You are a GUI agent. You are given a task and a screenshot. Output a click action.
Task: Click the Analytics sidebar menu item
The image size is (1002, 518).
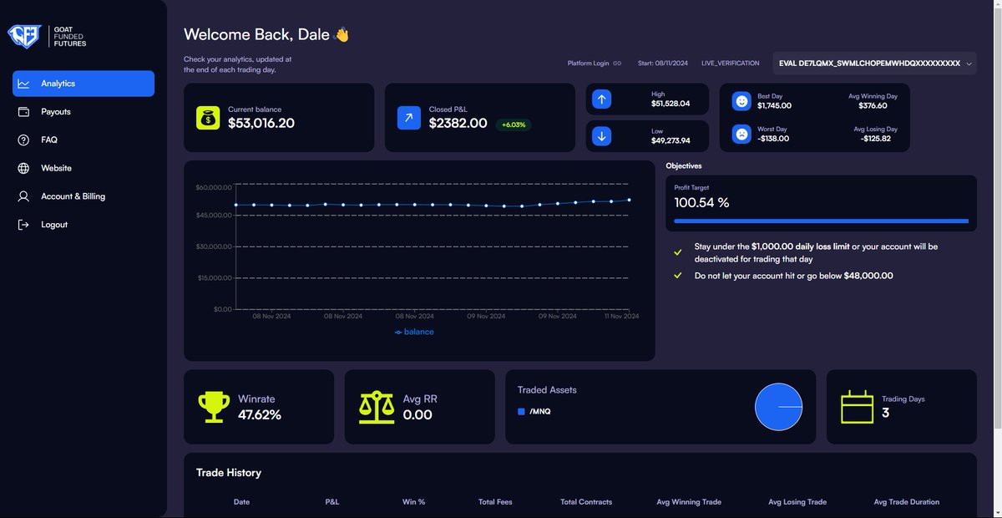click(x=83, y=84)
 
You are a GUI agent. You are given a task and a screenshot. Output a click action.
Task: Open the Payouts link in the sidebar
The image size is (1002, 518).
click(x=56, y=112)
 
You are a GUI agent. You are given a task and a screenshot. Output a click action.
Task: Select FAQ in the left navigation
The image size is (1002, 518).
click(x=49, y=140)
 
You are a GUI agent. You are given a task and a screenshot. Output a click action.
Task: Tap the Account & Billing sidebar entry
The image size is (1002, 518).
click(x=73, y=196)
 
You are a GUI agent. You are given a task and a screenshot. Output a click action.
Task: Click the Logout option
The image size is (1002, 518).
click(x=54, y=225)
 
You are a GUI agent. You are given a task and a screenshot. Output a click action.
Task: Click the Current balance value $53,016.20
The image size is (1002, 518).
click(x=261, y=124)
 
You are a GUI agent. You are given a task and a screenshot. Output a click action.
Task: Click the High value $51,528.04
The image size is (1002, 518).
click(x=671, y=104)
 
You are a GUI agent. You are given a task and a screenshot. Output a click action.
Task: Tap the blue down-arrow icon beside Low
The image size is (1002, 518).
click(x=601, y=136)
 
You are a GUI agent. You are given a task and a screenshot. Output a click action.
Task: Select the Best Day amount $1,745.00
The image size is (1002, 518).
click(x=774, y=106)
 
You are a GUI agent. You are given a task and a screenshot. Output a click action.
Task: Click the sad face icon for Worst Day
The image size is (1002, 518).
click(x=741, y=134)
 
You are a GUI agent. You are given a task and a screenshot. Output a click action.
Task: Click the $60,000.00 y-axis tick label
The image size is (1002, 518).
click(x=213, y=188)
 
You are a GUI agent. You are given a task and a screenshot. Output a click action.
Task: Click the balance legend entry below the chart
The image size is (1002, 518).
click(x=414, y=332)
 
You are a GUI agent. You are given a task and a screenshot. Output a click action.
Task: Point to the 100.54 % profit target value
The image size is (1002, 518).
click(x=701, y=203)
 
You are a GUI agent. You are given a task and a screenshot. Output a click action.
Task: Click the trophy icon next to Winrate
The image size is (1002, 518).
click(x=214, y=407)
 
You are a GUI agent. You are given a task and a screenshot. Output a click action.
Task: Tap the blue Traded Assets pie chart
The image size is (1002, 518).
click(x=778, y=407)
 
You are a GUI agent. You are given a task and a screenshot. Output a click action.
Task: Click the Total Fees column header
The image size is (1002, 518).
click(x=495, y=502)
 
